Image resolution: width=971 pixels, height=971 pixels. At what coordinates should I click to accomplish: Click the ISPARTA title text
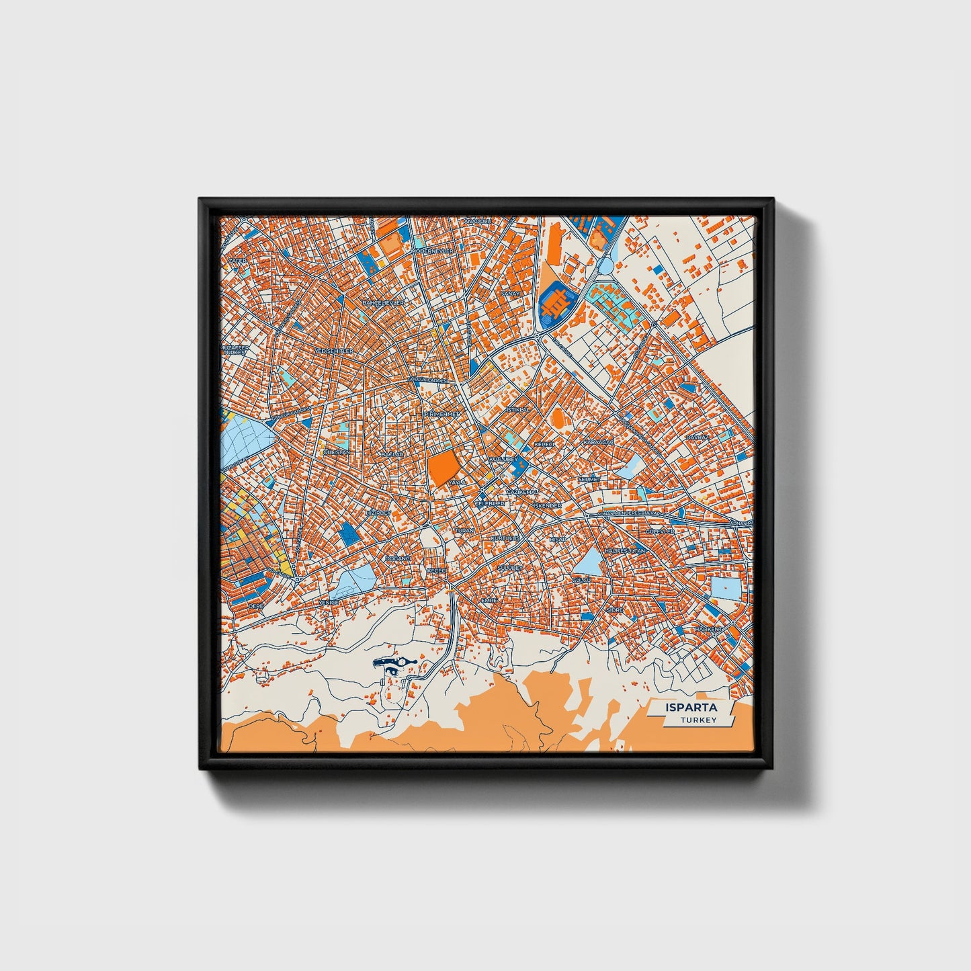point(691,708)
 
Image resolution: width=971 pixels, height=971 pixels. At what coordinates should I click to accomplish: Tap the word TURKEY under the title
point(698,720)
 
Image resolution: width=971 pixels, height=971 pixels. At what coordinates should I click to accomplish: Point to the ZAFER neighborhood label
point(237,260)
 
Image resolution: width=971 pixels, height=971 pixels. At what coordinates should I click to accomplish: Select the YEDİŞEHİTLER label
point(333,351)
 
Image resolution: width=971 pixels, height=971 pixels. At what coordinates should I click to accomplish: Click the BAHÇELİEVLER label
point(383,303)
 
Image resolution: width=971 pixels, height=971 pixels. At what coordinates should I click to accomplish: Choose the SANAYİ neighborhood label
point(511,294)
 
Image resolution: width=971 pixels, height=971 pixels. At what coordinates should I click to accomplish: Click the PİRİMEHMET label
point(441,415)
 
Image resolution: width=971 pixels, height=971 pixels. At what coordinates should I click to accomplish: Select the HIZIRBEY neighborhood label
point(377,513)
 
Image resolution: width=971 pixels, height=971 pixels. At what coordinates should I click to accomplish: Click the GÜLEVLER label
point(659,532)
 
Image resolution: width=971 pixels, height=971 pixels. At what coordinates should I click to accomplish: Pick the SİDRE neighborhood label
point(614,609)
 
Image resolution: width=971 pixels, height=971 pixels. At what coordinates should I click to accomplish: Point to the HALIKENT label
point(708,628)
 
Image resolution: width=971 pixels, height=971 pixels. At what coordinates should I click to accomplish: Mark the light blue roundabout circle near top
point(605,267)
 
